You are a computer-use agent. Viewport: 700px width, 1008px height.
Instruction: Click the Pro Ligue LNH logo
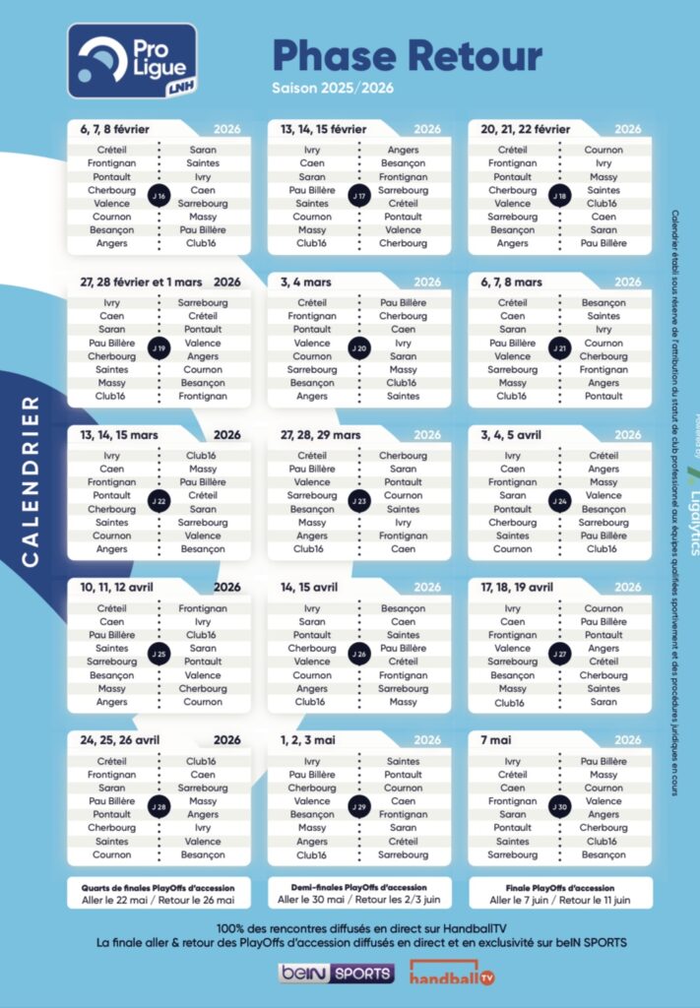[x=132, y=60]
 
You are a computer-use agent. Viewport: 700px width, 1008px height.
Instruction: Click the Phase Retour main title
[x=407, y=55]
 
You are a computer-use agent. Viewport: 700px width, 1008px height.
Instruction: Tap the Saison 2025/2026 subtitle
[x=333, y=88]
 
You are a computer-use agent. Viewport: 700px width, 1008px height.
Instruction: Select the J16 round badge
[x=159, y=196]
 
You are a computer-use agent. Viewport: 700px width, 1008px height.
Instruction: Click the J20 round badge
[x=359, y=349]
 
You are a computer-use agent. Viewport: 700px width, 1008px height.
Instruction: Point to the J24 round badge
[x=559, y=502]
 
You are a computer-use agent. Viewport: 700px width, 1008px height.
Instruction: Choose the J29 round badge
[x=359, y=807]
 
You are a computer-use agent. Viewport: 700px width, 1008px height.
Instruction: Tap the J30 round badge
[x=559, y=807]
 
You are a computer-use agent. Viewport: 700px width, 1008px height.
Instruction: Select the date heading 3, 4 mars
[x=305, y=282]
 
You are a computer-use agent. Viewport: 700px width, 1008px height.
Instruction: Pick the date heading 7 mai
[x=498, y=740]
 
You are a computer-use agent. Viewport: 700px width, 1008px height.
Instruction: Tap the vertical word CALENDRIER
[x=31, y=481]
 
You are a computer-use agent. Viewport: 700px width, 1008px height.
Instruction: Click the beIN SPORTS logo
[x=336, y=974]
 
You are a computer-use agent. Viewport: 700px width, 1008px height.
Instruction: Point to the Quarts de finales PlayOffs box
[x=159, y=893]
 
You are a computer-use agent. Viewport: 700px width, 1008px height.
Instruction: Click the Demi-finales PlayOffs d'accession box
[x=359, y=893]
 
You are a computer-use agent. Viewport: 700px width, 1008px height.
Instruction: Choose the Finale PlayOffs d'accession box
[x=559, y=893]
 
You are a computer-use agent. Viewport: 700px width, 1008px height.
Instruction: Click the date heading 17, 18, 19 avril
[x=517, y=588]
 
